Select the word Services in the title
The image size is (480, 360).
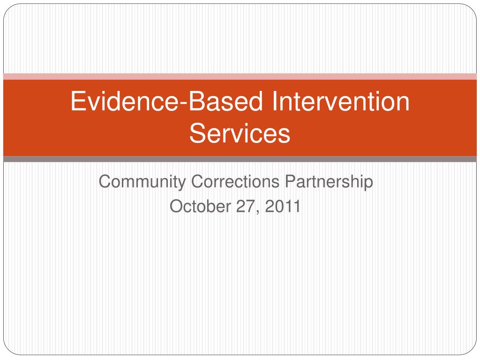240,133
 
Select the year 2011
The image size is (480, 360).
283,206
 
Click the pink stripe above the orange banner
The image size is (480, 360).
240,76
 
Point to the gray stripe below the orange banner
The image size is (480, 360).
240,159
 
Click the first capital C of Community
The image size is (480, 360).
105,181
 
